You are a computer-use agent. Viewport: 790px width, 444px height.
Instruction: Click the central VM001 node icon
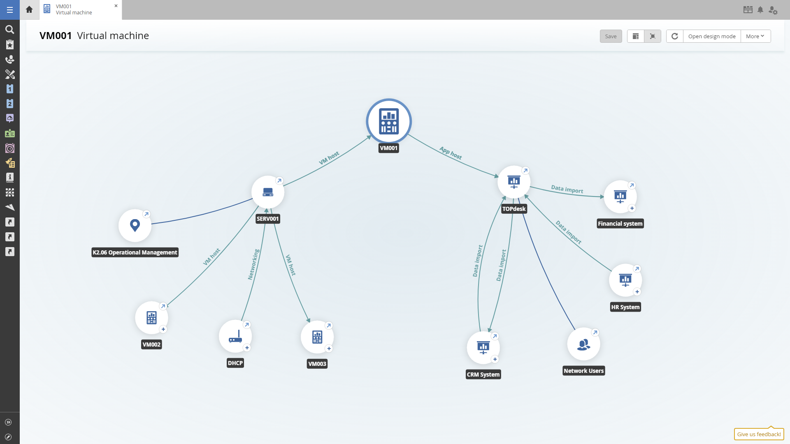point(389,121)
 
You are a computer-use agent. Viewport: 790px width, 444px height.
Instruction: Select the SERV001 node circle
point(268,192)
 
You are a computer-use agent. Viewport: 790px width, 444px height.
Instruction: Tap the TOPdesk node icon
point(514,182)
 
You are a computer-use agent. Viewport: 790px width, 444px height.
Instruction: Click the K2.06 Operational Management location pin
point(135,225)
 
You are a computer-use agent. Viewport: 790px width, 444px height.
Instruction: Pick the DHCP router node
point(235,337)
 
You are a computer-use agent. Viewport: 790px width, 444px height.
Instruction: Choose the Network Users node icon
point(583,344)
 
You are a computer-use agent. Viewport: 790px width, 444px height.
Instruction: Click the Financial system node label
point(620,224)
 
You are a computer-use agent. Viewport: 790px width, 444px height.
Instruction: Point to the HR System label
point(625,307)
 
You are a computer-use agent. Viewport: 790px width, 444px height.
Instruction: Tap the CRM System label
point(483,375)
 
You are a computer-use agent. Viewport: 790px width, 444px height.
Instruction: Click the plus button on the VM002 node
point(163,329)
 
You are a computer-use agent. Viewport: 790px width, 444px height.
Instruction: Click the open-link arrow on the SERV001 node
point(279,181)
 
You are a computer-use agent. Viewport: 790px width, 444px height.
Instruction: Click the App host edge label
point(451,153)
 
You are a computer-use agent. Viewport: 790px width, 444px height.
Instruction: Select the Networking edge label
point(253,264)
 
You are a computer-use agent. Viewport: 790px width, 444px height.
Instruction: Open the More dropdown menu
point(755,36)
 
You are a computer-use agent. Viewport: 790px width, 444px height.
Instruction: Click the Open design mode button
point(712,36)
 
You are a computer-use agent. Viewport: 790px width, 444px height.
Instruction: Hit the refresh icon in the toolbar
point(675,36)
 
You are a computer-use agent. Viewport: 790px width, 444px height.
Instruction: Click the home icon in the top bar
point(29,9)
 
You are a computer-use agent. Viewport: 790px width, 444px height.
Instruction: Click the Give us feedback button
point(759,434)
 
